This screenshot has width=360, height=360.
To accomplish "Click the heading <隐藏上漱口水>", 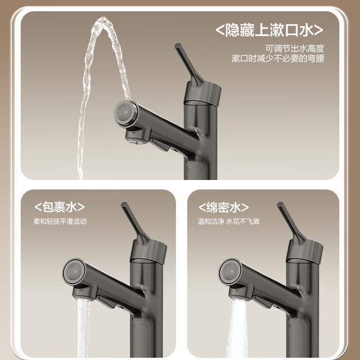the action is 269,30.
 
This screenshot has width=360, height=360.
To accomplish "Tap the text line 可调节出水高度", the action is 295,49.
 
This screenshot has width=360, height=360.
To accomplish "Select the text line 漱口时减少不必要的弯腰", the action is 278,58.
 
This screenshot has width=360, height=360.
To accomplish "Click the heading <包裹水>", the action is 60,207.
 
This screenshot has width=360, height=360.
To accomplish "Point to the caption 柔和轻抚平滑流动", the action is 60,221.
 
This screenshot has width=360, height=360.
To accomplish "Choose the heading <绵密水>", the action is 223,208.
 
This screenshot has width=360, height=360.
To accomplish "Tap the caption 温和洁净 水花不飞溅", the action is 228,221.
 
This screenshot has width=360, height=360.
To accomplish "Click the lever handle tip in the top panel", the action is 178,46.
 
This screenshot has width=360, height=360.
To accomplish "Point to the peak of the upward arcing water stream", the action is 103,20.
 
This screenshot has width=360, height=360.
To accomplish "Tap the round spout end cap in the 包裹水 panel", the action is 74,271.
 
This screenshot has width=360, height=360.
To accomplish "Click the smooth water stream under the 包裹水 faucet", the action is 83,328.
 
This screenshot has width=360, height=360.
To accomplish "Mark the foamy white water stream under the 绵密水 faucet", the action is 237,328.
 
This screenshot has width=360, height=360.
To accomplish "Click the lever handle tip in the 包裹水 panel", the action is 124,204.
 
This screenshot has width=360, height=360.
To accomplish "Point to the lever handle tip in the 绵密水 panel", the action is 280,204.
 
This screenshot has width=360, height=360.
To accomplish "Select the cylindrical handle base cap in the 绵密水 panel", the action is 304,252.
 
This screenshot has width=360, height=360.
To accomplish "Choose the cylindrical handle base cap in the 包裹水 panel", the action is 148,252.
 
